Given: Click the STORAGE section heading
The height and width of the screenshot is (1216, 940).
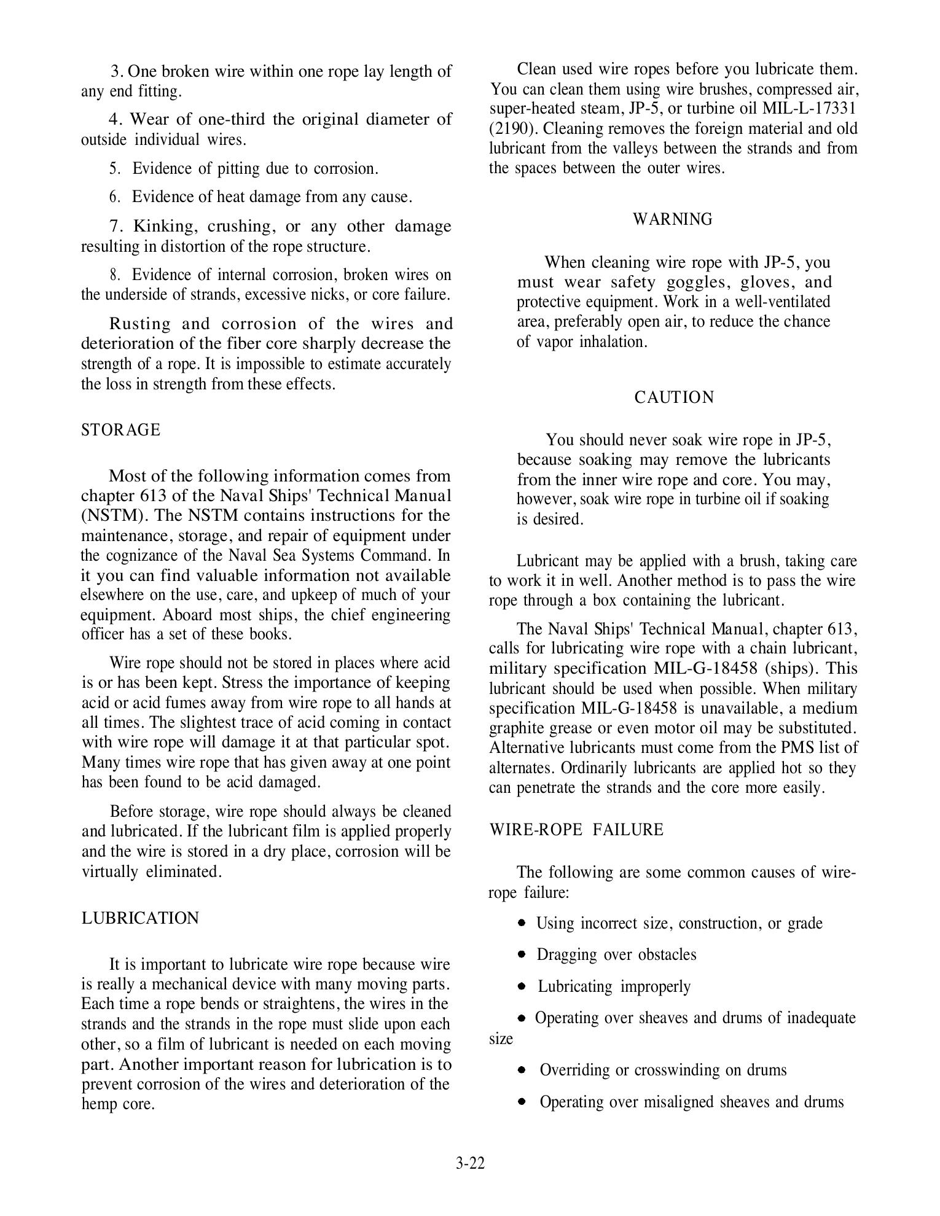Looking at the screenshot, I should pyautogui.click(x=120, y=430).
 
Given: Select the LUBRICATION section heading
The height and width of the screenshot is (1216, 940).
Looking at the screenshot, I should pyautogui.click(x=140, y=918).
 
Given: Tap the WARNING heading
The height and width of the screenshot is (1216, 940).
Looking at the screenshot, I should pyautogui.click(x=673, y=219).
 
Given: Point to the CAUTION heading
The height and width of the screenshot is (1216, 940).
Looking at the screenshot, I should pyautogui.click(x=674, y=397).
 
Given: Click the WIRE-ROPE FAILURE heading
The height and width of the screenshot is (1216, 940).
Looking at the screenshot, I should pyautogui.click(x=576, y=830).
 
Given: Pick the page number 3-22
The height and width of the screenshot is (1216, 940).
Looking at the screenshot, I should pyautogui.click(x=470, y=1163).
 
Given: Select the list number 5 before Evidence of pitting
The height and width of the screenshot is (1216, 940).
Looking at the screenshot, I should pyautogui.click(x=114, y=169).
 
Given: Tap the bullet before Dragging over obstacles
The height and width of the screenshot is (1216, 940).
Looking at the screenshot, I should pyautogui.click(x=522, y=954).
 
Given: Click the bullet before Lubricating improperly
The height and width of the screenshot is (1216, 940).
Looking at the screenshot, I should pyautogui.click(x=522, y=986).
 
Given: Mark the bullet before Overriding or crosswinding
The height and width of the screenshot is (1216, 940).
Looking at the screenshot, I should pyautogui.click(x=522, y=1070).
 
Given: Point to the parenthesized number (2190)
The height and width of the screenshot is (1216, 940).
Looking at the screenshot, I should pyautogui.click(x=514, y=129).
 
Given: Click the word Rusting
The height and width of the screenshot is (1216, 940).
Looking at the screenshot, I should pyautogui.click(x=139, y=324).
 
